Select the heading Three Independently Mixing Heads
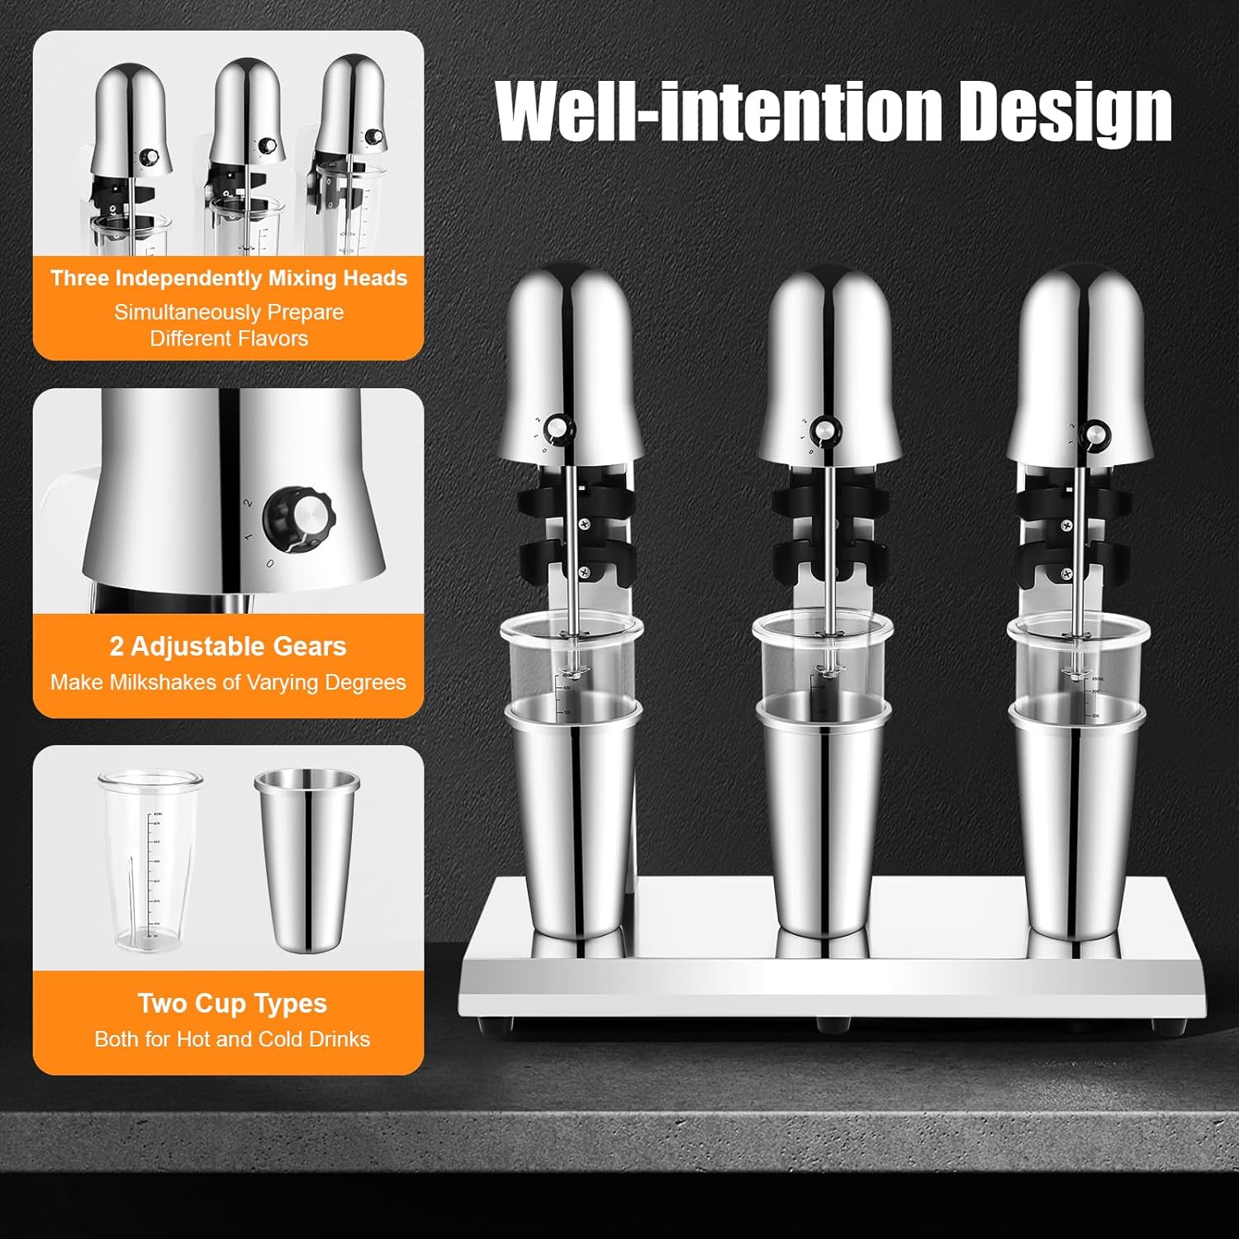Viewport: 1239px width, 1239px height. (229, 278)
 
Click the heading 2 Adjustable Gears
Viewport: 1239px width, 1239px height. (228, 646)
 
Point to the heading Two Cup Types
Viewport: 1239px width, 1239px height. (232, 1003)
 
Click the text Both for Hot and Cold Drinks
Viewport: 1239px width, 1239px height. (232, 1039)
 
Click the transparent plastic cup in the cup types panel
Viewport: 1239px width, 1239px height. (150, 859)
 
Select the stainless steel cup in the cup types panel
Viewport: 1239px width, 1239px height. (306, 859)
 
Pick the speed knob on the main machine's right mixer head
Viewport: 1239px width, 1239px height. (1095, 433)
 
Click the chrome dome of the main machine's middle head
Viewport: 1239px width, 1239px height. (830, 347)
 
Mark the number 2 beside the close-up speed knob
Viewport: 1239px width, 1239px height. (247, 501)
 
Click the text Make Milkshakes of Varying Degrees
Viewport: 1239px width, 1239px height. (228, 682)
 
